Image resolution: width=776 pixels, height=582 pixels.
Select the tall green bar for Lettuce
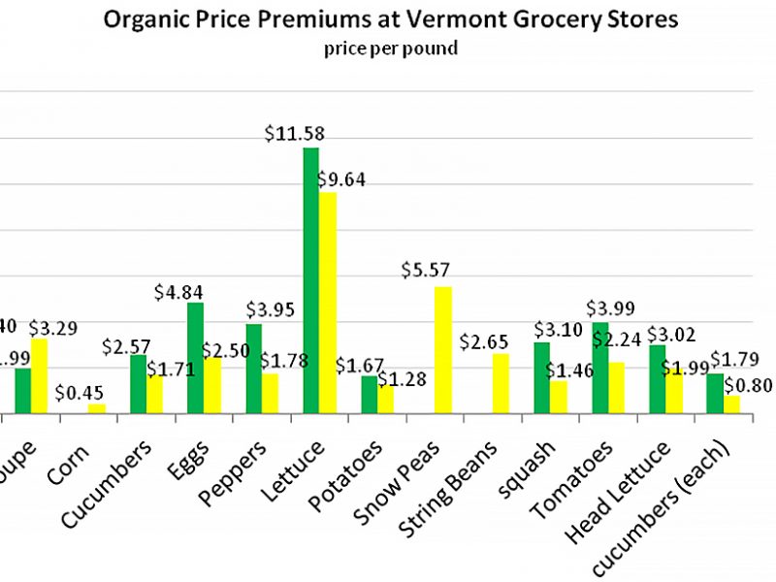click(311, 281)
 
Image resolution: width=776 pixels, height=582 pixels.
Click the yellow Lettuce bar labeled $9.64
click(328, 303)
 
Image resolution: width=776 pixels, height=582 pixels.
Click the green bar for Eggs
click(195, 358)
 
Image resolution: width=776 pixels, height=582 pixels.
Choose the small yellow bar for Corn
click(96, 408)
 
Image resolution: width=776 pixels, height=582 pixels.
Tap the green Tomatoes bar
click(600, 368)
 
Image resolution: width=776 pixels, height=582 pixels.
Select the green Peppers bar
click(253, 369)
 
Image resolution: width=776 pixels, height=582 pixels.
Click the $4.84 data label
click(179, 290)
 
